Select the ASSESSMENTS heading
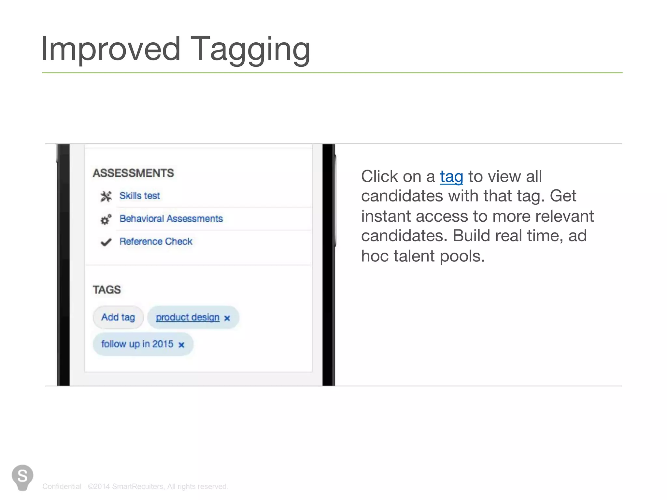(133, 173)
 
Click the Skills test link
(140, 196)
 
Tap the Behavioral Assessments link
(171, 218)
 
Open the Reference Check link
(156, 241)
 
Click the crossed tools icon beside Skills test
(106, 196)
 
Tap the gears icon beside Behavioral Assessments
(106, 220)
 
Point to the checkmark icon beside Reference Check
(106, 242)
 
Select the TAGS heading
(106, 290)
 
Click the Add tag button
(118, 317)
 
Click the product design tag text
(188, 317)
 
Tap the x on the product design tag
(227, 318)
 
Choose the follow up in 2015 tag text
(137, 344)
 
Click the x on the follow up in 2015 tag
(181, 345)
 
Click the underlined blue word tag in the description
(451, 177)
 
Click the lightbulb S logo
(22, 477)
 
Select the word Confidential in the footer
(62, 486)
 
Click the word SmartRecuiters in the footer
(137, 486)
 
